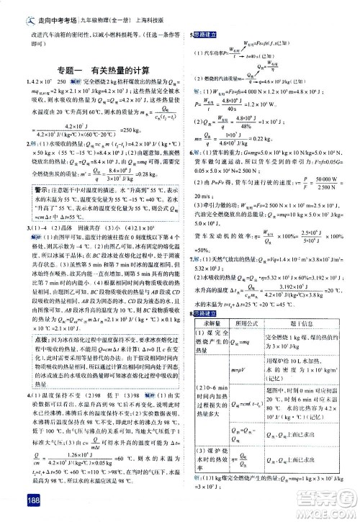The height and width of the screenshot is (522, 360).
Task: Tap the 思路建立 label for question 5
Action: coord(204,35)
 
